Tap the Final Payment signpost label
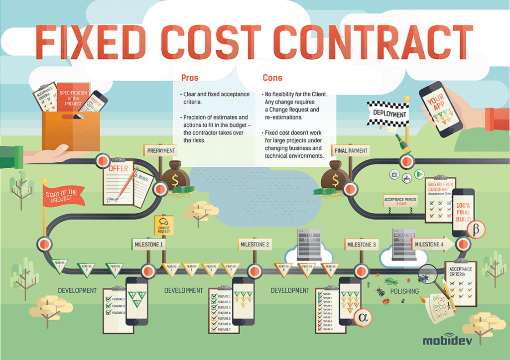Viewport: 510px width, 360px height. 351,150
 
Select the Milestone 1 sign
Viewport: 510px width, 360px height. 148,244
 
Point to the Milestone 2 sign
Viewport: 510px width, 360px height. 255,244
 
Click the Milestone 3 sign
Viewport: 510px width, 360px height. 361,244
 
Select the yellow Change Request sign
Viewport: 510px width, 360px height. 164,225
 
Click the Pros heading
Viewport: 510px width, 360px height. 189,78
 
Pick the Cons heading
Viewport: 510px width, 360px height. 272,78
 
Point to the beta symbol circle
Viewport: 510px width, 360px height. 475,230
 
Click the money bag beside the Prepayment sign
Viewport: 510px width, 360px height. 177,175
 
